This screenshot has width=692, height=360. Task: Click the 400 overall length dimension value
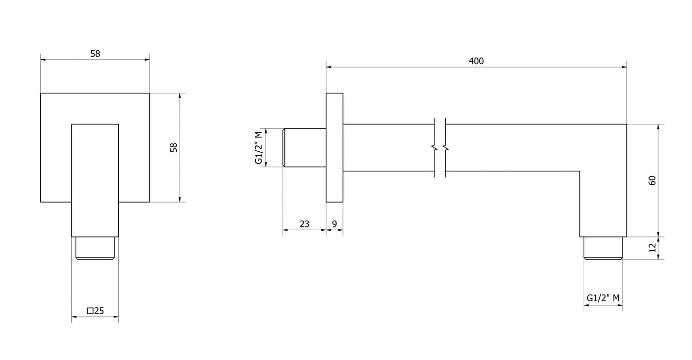coord(476,61)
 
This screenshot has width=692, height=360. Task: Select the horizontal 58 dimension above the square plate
coord(95,54)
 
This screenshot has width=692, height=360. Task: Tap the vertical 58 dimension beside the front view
coord(174,147)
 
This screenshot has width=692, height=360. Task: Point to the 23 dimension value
coord(304,224)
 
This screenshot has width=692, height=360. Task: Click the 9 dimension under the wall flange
coord(335,224)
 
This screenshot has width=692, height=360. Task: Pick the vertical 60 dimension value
coord(652,180)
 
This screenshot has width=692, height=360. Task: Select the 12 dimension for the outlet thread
coord(652,247)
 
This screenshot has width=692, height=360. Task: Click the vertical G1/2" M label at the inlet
coord(259,147)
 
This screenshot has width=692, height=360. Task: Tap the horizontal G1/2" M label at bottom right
coord(603,298)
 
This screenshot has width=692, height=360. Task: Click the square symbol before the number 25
coord(90,311)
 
